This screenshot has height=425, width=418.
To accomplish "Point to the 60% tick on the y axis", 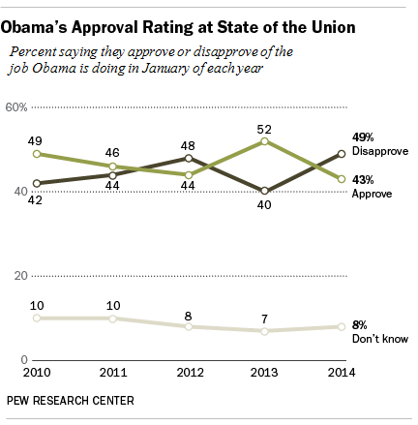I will pyautogui.click(x=17, y=108).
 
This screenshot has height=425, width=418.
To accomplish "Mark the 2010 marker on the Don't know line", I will pyautogui.click(x=37, y=318).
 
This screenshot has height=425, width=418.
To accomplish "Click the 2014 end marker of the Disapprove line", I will pyautogui.click(x=341, y=153).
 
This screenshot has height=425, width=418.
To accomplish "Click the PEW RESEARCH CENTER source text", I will pyautogui.click(x=70, y=400).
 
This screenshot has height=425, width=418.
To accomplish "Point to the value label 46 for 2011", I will pyautogui.click(x=112, y=152).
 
